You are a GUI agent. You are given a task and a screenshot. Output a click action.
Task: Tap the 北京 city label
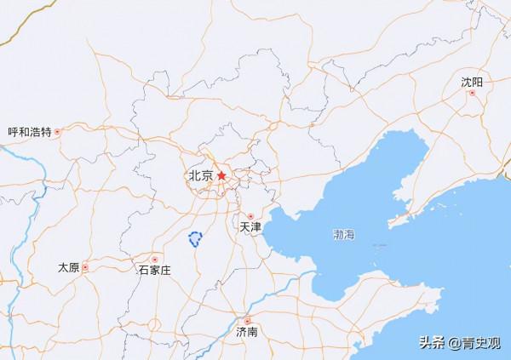[200, 176]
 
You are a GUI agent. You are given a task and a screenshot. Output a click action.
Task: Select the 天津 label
[250, 228]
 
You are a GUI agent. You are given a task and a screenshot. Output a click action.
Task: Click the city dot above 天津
[250, 216]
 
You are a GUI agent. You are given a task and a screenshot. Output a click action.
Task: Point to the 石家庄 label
[154, 270]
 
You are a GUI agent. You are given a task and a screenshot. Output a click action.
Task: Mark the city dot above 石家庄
[154, 258]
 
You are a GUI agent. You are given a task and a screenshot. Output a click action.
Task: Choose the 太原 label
[68, 267]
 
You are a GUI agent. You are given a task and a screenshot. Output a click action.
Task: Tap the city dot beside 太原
[85, 267]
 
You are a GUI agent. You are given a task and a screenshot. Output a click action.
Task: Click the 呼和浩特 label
[29, 132]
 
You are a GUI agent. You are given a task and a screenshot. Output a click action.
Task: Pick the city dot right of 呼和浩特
[59, 132]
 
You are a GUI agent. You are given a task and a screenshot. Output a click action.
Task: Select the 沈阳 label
[472, 82]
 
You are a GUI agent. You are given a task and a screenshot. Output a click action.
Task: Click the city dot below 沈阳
[472, 93]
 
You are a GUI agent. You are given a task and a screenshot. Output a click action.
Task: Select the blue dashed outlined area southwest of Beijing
[195, 240]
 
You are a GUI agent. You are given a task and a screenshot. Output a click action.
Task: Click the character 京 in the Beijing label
[207, 176]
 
